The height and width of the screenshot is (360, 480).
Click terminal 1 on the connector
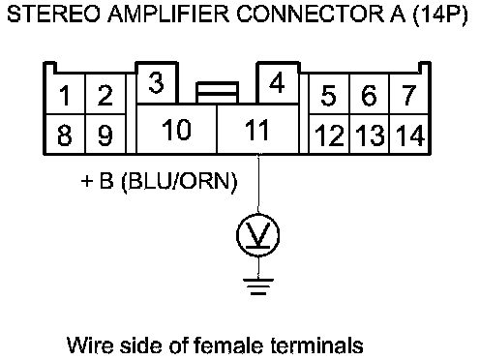click(x=66, y=94)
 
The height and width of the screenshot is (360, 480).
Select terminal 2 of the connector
click(x=105, y=94)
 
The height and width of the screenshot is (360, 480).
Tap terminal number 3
click(x=157, y=83)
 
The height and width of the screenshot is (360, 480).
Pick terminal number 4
click(x=278, y=83)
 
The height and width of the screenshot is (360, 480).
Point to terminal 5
click(x=329, y=94)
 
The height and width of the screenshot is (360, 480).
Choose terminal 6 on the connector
click(x=370, y=94)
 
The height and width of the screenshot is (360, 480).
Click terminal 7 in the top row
click(x=409, y=94)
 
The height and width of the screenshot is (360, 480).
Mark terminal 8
click(x=66, y=134)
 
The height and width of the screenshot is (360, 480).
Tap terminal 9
click(x=105, y=134)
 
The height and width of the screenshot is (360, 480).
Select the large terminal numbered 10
click(x=177, y=129)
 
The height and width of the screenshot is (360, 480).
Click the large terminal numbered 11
click(x=257, y=129)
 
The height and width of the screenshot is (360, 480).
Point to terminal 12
click(x=329, y=134)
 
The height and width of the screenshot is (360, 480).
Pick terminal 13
click(x=370, y=134)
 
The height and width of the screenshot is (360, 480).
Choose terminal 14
click(x=409, y=134)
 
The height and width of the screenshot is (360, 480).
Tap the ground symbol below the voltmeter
click(x=258, y=286)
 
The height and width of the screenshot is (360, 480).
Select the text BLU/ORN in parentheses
click(x=179, y=181)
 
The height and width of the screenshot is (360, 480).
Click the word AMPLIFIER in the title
click(x=168, y=15)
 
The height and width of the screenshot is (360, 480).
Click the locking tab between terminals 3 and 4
click(x=218, y=93)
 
